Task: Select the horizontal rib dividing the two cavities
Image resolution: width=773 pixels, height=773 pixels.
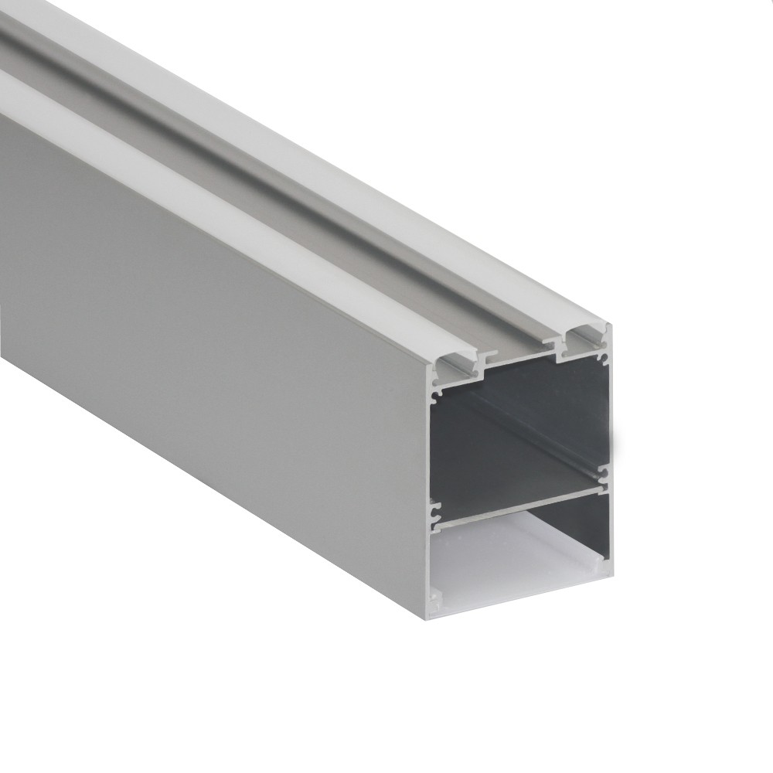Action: [518, 499]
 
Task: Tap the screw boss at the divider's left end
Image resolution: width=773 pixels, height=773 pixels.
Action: [437, 511]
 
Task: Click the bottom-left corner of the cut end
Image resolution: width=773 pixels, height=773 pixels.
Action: [428, 618]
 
